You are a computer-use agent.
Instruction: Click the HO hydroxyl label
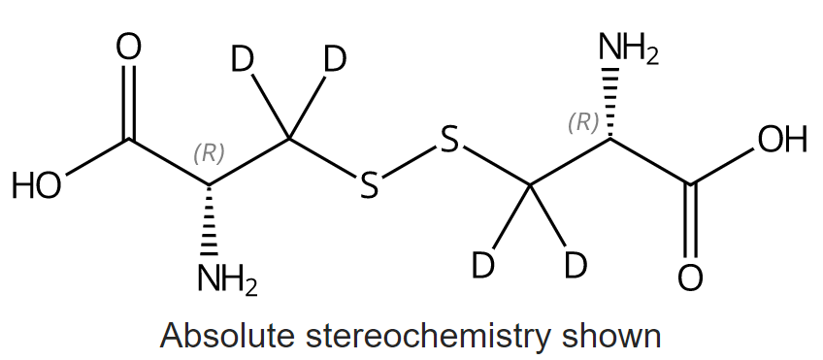point(37,185)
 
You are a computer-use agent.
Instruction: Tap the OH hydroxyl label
point(782,141)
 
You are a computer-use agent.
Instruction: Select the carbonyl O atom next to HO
point(129,47)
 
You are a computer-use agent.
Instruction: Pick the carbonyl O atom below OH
point(690,278)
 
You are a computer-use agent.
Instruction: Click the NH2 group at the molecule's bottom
point(227,282)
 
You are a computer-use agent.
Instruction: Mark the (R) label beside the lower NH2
point(209,152)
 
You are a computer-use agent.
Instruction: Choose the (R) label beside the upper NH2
point(582,123)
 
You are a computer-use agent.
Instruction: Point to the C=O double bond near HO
point(129,102)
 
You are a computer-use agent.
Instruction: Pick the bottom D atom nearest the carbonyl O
point(576,264)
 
